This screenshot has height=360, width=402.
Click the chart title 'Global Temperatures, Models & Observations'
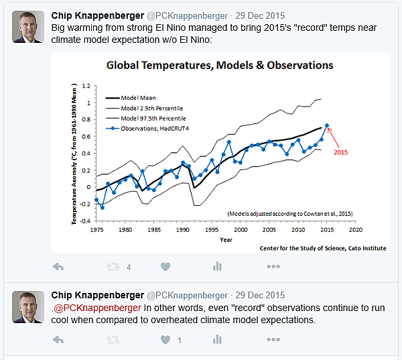point(220,66)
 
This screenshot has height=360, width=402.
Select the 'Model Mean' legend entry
point(138,97)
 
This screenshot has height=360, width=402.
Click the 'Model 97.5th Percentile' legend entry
point(151,118)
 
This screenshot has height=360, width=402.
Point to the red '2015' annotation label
point(342,152)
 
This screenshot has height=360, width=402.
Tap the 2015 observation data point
point(327,125)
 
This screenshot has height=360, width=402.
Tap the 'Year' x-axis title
point(226,239)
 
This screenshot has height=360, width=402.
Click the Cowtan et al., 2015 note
point(289,213)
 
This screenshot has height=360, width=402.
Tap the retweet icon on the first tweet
point(113,266)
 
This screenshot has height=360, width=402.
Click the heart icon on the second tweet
point(165,340)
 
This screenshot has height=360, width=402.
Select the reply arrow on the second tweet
point(58,340)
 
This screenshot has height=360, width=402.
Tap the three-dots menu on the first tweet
point(273,266)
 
